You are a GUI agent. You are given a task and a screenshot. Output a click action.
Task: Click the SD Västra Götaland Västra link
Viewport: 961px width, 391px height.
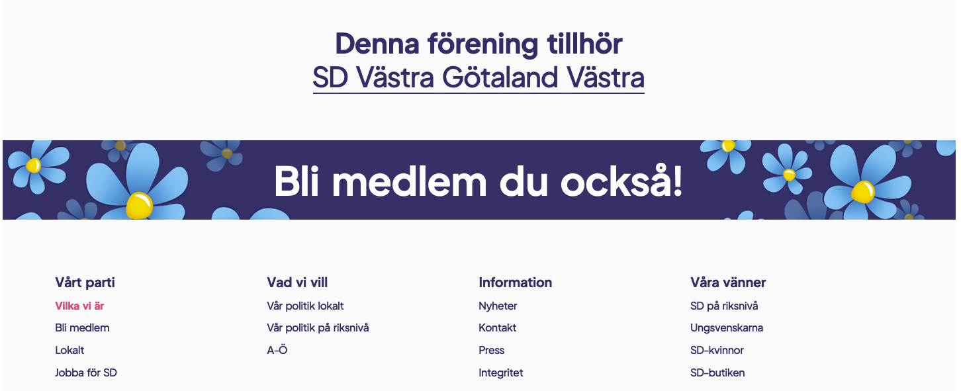point(479,77)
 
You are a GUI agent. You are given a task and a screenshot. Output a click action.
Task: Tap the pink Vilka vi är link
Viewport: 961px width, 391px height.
point(79,306)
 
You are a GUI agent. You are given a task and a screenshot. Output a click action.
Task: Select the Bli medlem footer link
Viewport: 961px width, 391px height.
point(82,328)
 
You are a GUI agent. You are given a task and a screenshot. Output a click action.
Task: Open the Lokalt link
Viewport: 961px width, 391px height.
point(69,350)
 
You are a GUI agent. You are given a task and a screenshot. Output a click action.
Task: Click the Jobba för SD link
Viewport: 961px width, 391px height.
point(86,372)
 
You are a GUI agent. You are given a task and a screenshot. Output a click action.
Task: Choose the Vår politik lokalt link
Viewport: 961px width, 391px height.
point(305,306)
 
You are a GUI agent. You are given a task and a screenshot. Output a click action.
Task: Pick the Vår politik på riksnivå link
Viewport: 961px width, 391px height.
point(318,328)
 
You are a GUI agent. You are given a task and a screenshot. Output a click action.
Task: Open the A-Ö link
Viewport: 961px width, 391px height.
point(277,350)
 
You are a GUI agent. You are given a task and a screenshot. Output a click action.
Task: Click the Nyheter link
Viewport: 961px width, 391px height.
point(498,306)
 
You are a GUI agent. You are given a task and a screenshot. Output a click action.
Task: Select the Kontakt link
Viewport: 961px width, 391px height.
point(497,328)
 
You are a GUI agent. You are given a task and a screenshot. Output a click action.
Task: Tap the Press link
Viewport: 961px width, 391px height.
point(491,350)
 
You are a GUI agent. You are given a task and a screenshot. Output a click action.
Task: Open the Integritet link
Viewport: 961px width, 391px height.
point(500,373)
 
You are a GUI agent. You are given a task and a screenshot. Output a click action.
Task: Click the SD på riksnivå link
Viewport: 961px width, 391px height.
point(724,306)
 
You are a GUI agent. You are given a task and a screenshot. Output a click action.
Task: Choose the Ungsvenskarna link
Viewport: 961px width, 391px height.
point(726,328)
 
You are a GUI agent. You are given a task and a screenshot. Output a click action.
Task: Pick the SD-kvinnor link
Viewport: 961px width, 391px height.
point(717,350)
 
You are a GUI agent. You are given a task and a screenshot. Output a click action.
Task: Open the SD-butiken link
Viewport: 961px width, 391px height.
point(717,372)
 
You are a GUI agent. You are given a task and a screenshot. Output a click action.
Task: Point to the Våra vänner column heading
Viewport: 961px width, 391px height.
point(727,282)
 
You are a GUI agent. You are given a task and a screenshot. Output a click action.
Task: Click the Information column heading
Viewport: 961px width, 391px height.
point(516,282)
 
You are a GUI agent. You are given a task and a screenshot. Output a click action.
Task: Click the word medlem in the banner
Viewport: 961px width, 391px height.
point(410,182)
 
